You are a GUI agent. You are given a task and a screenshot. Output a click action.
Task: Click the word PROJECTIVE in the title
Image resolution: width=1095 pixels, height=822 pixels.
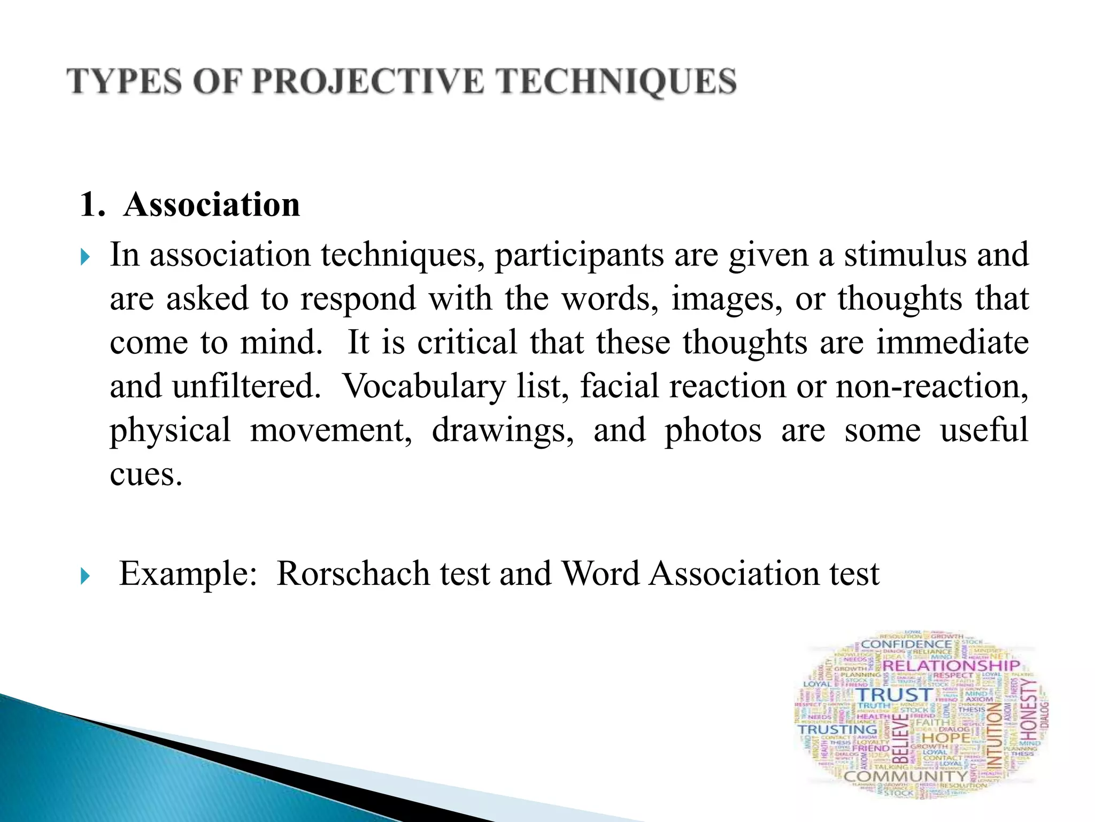pos(367,82)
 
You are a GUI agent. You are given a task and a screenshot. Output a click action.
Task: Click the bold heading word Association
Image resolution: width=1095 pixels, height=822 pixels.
pos(212,204)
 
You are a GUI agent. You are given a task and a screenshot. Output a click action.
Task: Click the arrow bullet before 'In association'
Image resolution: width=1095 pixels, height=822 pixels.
pos(85,257)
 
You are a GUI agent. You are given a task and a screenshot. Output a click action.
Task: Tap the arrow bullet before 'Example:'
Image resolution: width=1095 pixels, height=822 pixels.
pos(85,576)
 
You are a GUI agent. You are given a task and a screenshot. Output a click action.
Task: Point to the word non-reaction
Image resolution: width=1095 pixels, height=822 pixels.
pos(931,386)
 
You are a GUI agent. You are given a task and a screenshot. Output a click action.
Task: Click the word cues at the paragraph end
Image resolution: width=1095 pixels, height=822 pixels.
pos(145,475)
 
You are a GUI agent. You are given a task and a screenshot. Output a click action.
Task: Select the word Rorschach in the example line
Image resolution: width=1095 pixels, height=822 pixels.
pos(353,574)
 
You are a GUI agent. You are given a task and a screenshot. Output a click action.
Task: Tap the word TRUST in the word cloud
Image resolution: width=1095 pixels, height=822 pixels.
pos(894,695)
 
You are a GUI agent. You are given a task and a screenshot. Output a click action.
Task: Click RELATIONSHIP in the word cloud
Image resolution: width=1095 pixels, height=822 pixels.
pos(951,666)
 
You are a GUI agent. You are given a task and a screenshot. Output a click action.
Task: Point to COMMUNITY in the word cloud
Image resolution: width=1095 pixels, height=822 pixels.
pos(906,776)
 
